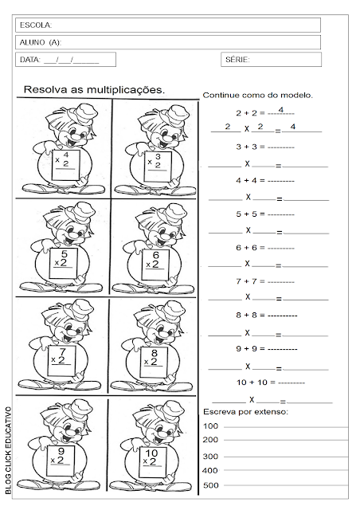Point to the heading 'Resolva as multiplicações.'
click(x=95, y=89)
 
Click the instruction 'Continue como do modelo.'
click(x=258, y=95)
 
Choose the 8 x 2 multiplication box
click(x=156, y=355)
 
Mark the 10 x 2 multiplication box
click(x=155, y=457)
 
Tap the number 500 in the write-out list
click(x=211, y=485)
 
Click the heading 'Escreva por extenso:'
click(x=245, y=411)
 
